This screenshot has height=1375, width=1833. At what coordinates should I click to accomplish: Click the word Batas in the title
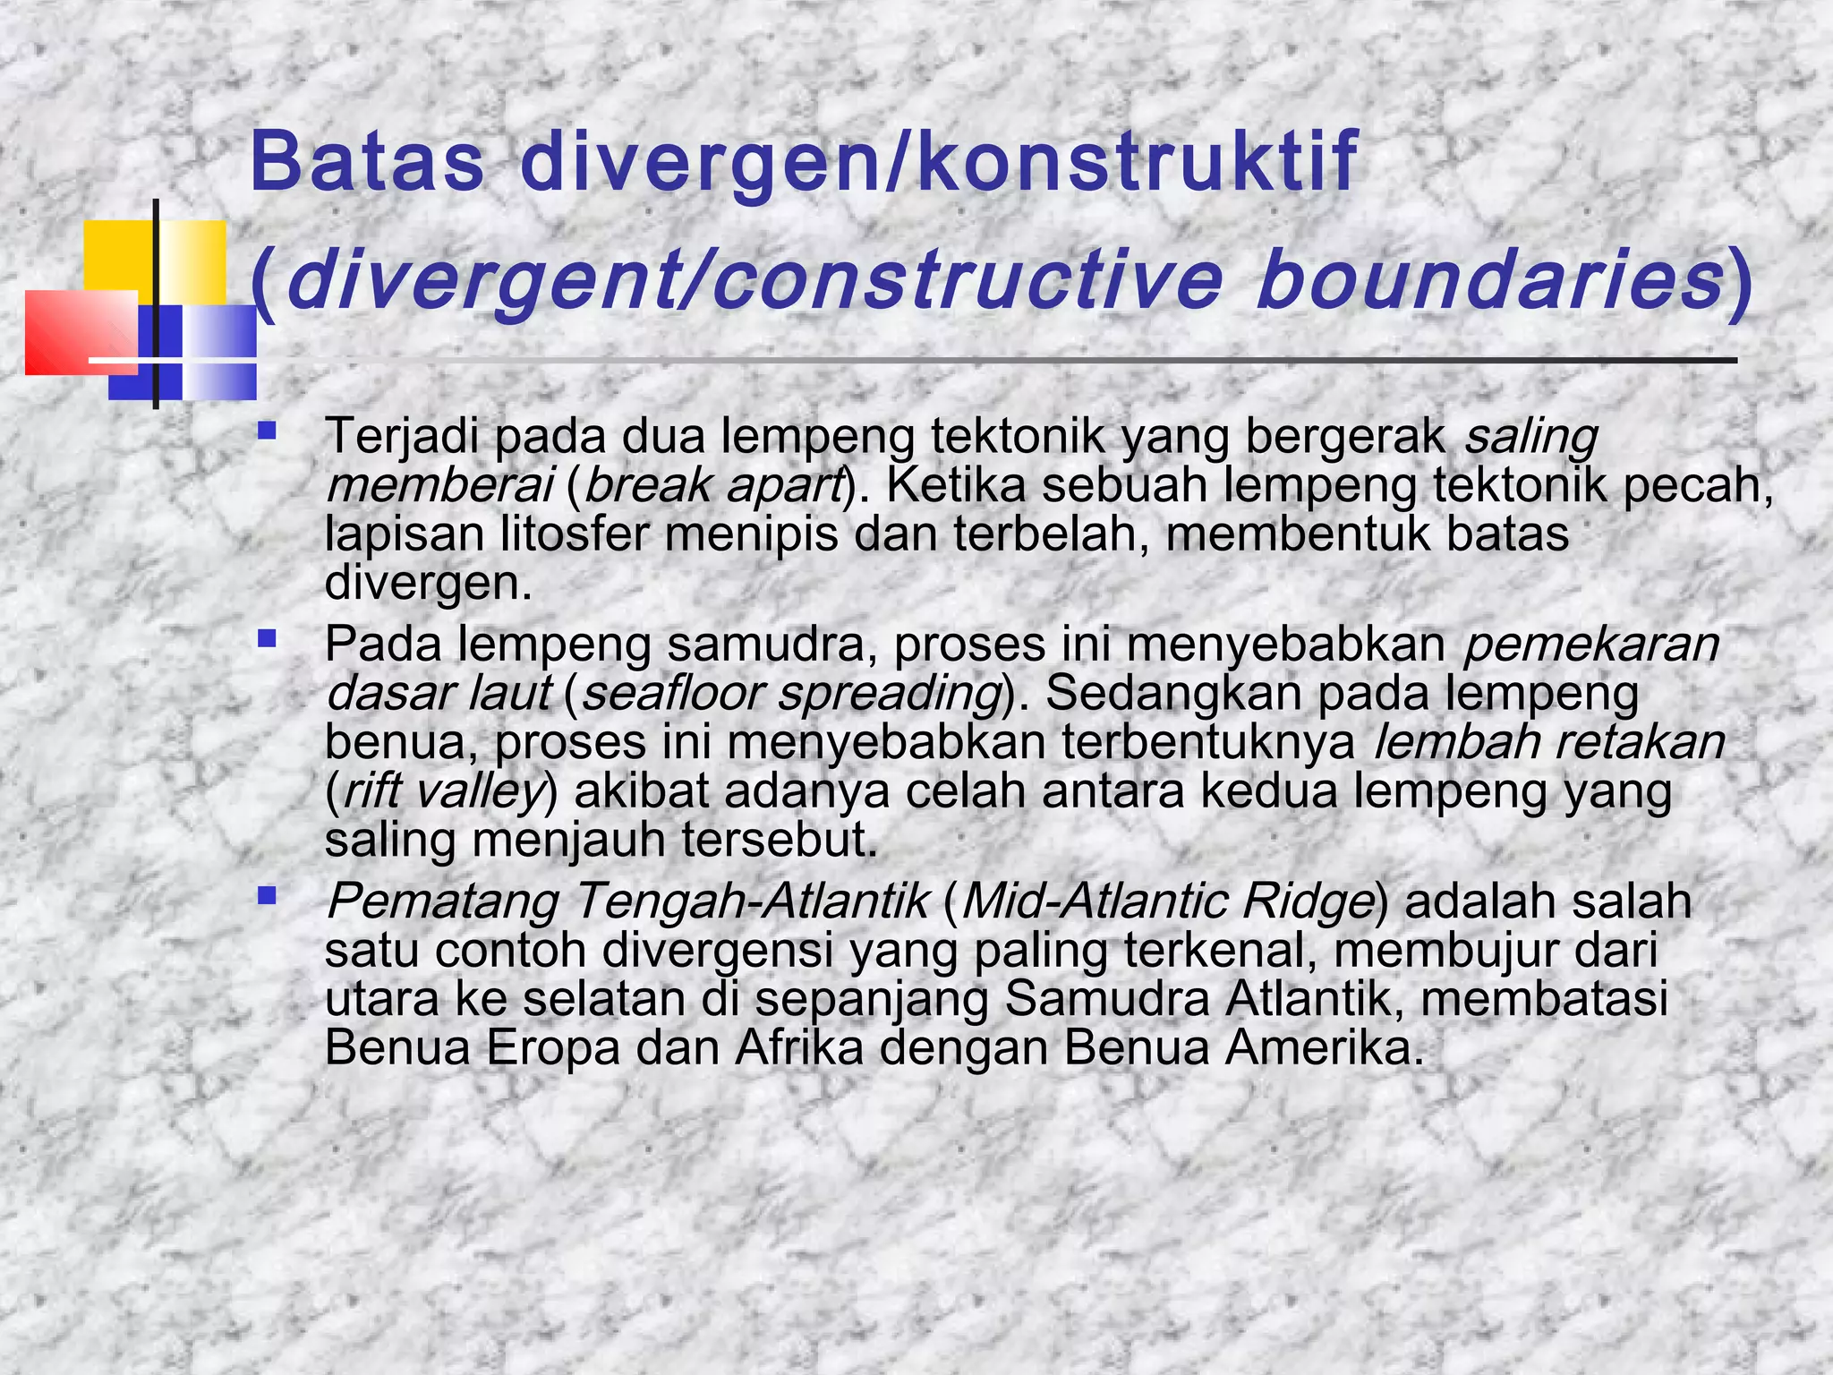coord(367,162)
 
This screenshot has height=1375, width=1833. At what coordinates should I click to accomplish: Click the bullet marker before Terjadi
coord(266,431)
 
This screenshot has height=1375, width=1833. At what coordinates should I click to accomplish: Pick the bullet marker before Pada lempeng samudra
coord(266,639)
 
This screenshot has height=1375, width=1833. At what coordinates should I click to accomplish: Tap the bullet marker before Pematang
coord(266,895)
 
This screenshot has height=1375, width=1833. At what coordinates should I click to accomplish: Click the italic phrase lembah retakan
coord(1547,742)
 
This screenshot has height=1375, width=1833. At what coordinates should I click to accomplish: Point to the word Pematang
coord(442,901)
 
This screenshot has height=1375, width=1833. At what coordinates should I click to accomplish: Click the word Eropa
coord(553,1048)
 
